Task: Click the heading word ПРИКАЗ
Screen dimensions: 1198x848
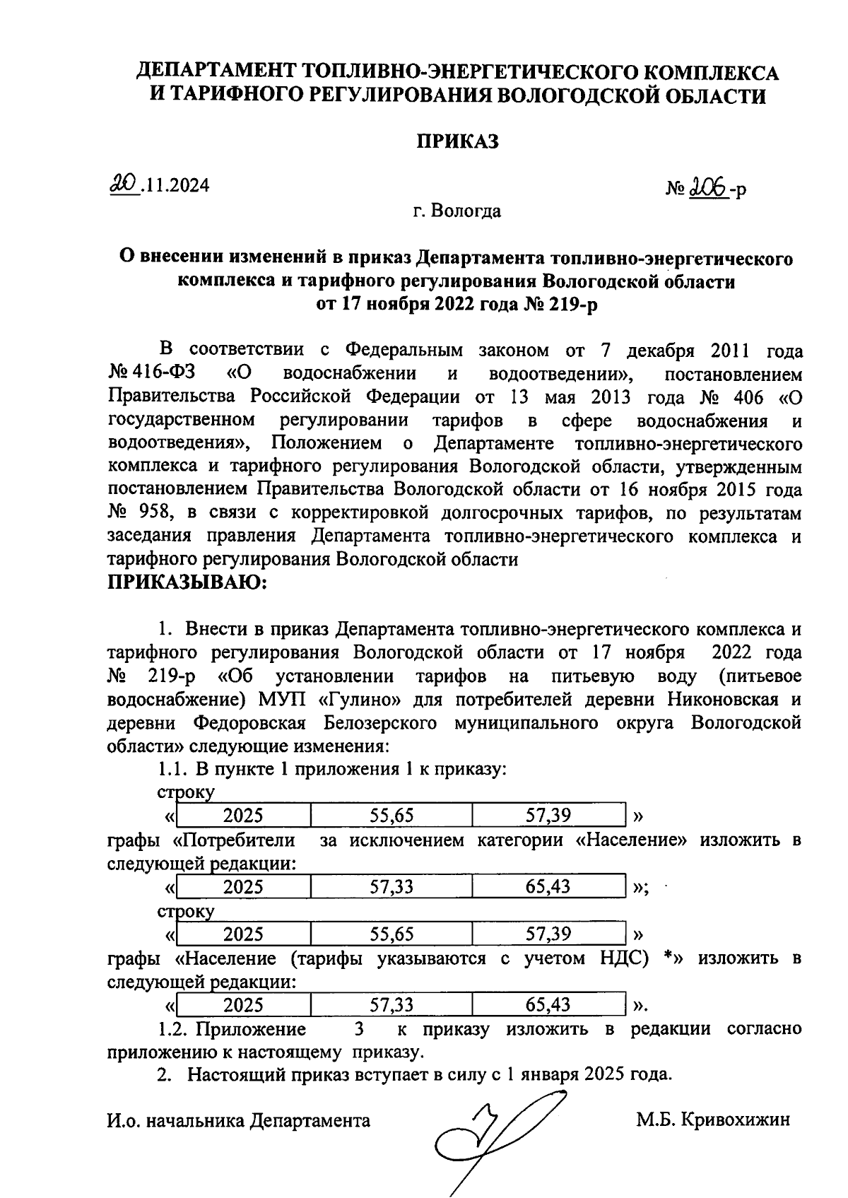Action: pos(457,141)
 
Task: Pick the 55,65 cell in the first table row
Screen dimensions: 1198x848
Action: pos(391,816)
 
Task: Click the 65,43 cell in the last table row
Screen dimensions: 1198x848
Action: pos(548,1005)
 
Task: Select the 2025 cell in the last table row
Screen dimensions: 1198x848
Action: pos(243,1005)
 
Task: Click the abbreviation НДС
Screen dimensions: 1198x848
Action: pos(619,958)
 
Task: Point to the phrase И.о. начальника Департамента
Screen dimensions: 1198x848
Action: pos(239,1120)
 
